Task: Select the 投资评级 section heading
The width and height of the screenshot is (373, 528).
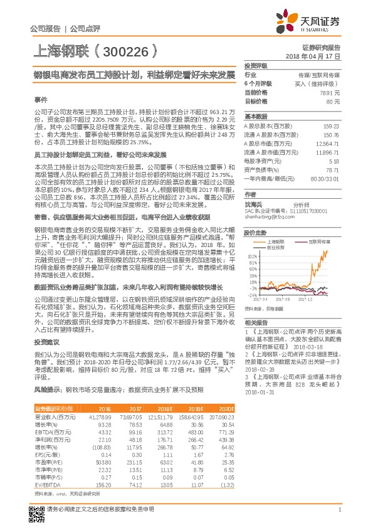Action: pos(256,65)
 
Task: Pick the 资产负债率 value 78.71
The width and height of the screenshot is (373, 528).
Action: pos(332,169)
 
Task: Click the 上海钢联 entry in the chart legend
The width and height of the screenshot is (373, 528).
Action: pos(276,223)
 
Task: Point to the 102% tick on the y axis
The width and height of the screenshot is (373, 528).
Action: pos(251,239)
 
